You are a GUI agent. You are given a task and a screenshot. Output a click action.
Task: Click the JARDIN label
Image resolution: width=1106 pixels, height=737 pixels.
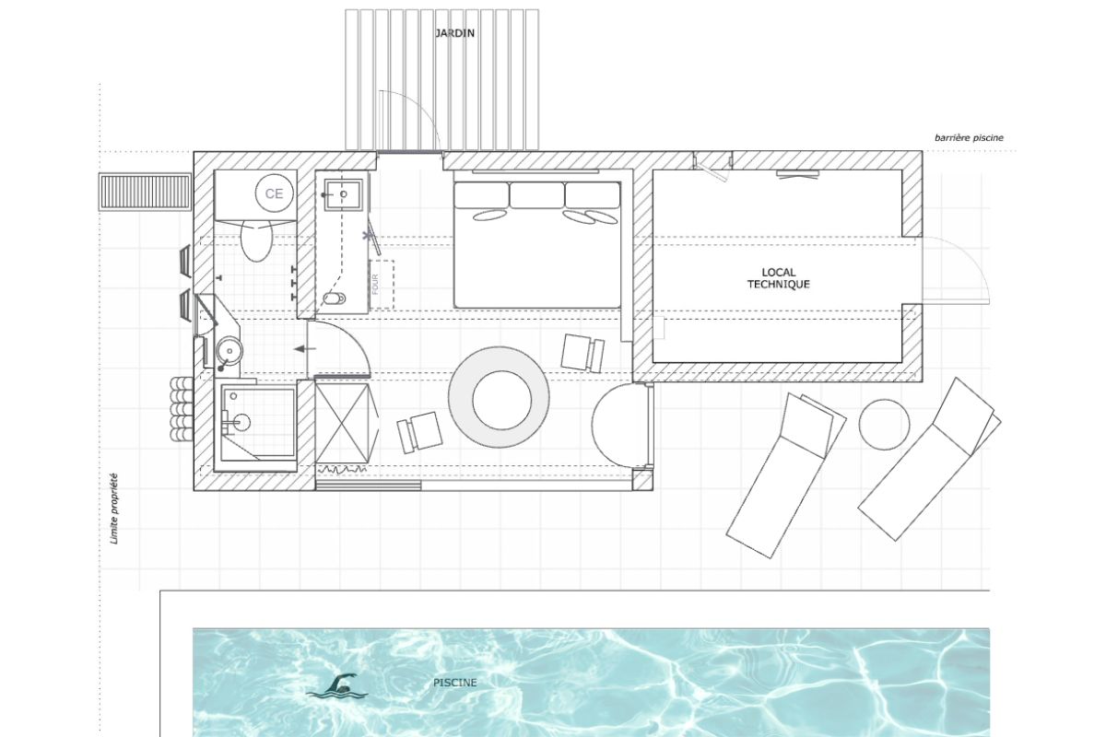(455, 33)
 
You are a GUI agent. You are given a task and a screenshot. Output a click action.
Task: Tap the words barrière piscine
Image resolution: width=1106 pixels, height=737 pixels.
(968, 138)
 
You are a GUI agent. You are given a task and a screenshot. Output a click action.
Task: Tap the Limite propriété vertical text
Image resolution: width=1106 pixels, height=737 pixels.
(114, 509)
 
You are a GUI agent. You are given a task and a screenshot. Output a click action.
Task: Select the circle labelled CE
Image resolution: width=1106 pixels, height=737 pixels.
(274, 193)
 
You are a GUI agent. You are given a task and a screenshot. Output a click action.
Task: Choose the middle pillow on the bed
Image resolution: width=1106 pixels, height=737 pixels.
(535, 195)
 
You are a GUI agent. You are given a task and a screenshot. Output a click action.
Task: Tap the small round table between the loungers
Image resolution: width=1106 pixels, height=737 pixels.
(885, 424)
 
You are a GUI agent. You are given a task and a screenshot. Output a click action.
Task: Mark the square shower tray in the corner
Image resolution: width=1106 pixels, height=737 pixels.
(257, 423)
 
